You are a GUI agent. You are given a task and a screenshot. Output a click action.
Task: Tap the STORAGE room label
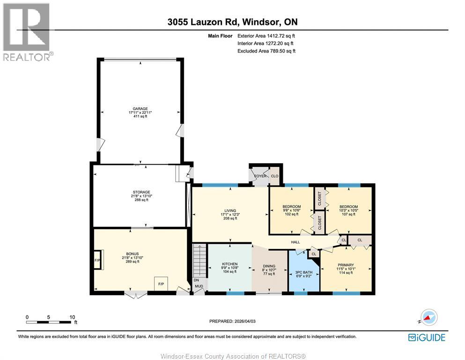pyautogui.click(x=141, y=192)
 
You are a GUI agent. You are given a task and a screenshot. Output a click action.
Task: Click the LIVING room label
pyautogui.click(x=229, y=211)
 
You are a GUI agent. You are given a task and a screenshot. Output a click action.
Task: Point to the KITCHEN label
pyautogui.click(x=229, y=264)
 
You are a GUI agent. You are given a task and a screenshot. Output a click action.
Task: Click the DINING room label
pyautogui.click(x=269, y=266)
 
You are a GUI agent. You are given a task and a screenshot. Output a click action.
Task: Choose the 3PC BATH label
pyautogui.click(x=304, y=272)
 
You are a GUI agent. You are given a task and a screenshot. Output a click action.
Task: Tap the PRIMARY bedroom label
pyautogui.click(x=346, y=265)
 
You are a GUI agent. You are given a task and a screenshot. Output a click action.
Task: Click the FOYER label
pyautogui.click(x=260, y=176)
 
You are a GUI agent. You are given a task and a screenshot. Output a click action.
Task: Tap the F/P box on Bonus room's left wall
pyautogui.click(x=98, y=260)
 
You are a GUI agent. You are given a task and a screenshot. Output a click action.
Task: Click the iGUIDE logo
pyautogui.click(x=427, y=337)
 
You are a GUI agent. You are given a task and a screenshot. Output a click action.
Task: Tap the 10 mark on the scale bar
pyautogui.click(x=72, y=317)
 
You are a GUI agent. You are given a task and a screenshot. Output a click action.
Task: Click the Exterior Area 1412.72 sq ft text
pyautogui.click(x=266, y=36)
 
